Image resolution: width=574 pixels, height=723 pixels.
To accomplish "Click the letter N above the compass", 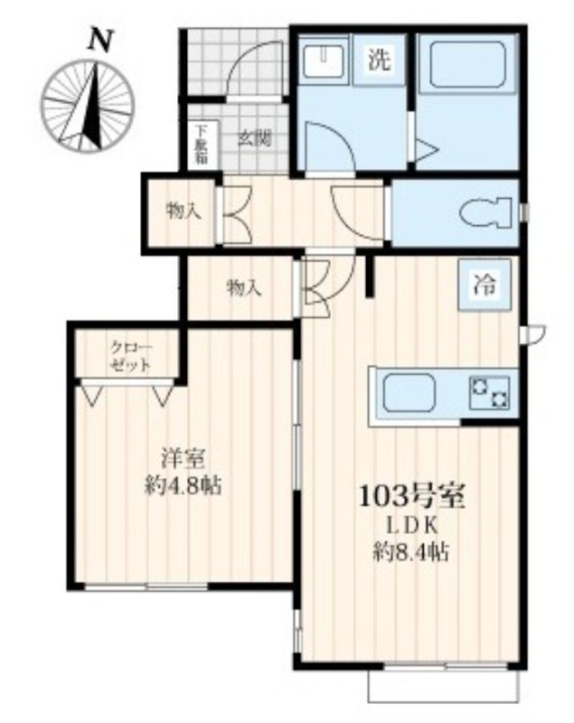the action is coord(100,40).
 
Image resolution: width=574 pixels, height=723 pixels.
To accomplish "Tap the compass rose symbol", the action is coord(88,105).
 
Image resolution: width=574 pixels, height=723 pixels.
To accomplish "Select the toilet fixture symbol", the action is coord(486,212).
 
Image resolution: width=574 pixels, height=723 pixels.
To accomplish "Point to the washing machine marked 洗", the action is coord(379,60).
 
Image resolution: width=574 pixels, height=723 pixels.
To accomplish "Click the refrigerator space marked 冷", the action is coord(485,285).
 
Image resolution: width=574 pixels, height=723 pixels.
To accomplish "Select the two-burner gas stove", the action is coord(489,392).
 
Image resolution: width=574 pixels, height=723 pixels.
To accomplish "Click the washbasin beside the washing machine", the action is coord(325,60).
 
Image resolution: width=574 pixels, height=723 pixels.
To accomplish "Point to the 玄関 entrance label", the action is coord(254,138).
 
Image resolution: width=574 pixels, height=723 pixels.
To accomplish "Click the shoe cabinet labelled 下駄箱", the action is coord(201,145).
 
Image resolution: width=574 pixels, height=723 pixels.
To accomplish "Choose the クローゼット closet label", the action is coord(130,356).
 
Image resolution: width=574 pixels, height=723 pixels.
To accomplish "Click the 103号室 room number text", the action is coord(411,496).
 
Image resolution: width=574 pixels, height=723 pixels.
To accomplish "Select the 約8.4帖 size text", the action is coord(411,551).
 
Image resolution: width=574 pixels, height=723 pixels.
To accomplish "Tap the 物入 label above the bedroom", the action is coord(244,288).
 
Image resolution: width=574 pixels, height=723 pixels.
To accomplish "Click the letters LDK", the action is coord(411,525).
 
